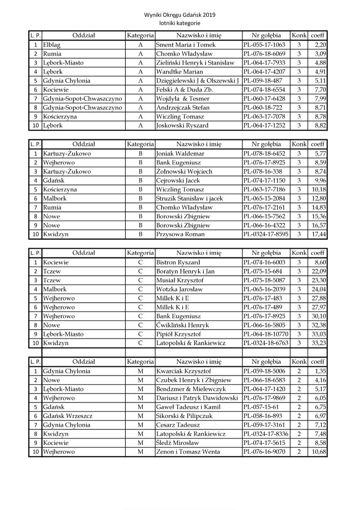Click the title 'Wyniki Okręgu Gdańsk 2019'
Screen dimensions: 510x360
coord(180,15)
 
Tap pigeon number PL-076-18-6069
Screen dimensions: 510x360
coord(264,54)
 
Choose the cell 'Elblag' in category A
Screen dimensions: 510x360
coord(52,45)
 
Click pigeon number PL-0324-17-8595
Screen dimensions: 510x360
coord(266,234)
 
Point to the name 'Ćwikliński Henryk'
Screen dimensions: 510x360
coord(182,325)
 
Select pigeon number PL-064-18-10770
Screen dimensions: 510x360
coord(266,334)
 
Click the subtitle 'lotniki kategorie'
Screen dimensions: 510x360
coord(180,23)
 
